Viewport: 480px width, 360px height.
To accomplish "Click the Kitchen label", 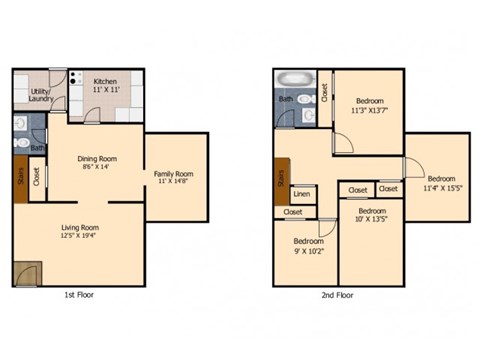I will click(x=106, y=82).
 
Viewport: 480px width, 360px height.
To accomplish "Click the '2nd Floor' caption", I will click(x=337, y=296).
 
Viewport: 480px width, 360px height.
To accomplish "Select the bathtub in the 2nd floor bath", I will click(x=295, y=78).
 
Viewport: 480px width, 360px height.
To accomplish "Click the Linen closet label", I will click(x=301, y=193).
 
